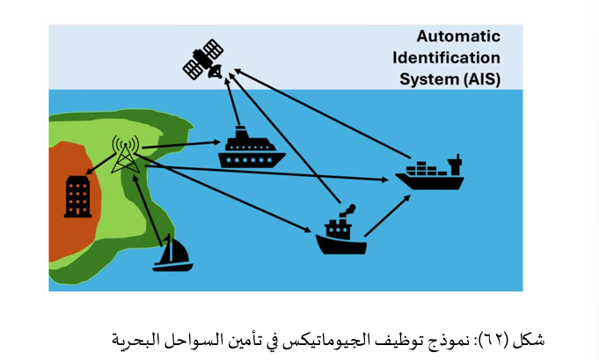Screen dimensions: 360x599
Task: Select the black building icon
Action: point(77,196)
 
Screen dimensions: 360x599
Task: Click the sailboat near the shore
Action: point(172,253)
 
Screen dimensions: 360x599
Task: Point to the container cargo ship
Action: point(428,173)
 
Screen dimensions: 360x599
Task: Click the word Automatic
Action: point(457,37)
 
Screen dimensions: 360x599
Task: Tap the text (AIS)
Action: point(480,79)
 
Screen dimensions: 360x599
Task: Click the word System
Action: point(430,79)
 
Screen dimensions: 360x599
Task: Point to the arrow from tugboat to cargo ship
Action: point(387,215)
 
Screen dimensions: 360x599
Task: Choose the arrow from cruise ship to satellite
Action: point(235,104)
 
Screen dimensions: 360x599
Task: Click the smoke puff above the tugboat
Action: point(349,209)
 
